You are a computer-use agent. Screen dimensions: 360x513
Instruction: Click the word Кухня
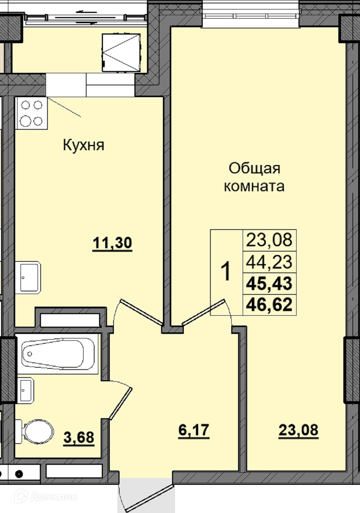coord(84,145)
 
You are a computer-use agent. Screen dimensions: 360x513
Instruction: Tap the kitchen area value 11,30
coord(112,243)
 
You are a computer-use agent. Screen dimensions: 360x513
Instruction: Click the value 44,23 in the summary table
coord(269,262)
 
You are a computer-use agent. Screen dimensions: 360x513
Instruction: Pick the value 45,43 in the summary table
coord(269,283)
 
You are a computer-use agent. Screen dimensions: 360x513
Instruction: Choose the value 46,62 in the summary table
coord(269,305)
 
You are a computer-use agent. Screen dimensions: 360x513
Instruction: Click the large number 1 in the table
coord(226,272)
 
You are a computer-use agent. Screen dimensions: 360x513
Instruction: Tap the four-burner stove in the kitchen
coord(32,113)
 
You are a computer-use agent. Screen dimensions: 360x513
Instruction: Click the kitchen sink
coord(28,277)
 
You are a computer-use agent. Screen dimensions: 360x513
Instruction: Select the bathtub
coord(58,354)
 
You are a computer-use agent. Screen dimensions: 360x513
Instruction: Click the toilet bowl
coord(35,432)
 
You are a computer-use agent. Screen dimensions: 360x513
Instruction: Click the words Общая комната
coord(254,177)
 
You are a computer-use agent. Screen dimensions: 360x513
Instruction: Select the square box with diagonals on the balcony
coord(121,53)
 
